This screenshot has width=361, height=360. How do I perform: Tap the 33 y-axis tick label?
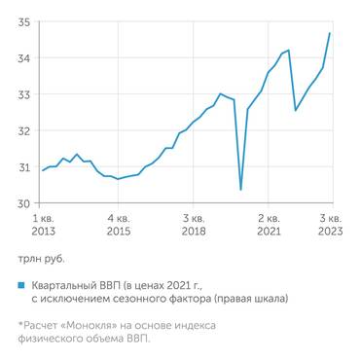(x=22, y=94)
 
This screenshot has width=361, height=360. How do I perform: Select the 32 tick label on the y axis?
(x=22, y=131)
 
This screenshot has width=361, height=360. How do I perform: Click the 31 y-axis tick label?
(x=22, y=167)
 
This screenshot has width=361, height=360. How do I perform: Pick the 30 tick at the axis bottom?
(x=22, y=203)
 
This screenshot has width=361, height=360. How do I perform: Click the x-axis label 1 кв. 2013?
(x=43, y=225)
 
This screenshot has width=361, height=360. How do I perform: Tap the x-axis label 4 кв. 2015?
(x=118, y=225)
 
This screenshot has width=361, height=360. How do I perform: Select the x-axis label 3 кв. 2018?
(x=193, y=225)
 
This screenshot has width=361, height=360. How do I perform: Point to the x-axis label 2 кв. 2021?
(x=269, y=225)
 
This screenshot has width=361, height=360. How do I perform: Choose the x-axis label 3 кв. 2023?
(x=330, y=225)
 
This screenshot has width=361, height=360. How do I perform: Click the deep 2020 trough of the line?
(x=240, y=189)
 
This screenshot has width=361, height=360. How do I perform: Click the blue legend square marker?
(x=20, y=285)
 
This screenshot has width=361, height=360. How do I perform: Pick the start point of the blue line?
(x=41, y=171)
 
